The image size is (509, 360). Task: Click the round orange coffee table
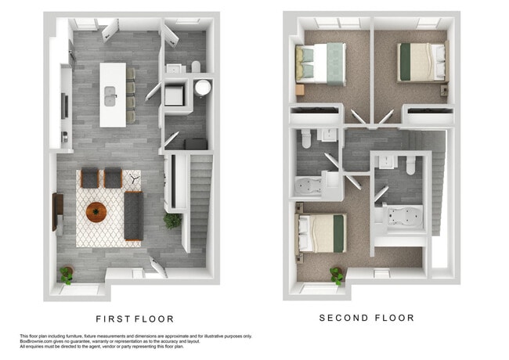97,211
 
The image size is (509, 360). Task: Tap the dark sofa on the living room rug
132,215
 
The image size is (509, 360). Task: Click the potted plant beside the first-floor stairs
171,221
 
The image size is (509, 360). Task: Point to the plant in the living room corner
67,274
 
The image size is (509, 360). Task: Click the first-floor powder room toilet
196,67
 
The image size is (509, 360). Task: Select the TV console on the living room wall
57,211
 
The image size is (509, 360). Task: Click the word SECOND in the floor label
343,319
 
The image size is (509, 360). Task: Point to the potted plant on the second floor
337,275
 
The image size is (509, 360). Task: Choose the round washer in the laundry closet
203,88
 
